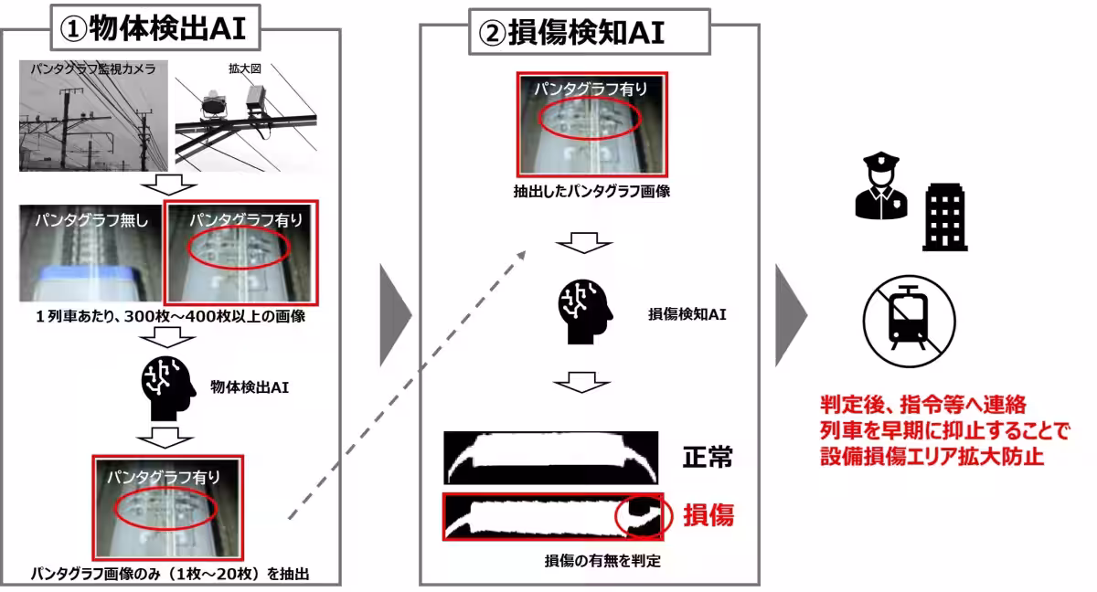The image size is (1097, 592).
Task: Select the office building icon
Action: tap(944, 217)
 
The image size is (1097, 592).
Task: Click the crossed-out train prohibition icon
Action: tap(909, 321)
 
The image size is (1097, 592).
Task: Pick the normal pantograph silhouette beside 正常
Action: tap(550, 458)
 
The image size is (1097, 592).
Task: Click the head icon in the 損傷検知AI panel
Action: tap(584, 313)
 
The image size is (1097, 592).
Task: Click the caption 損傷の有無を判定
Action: tap(589, 561)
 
